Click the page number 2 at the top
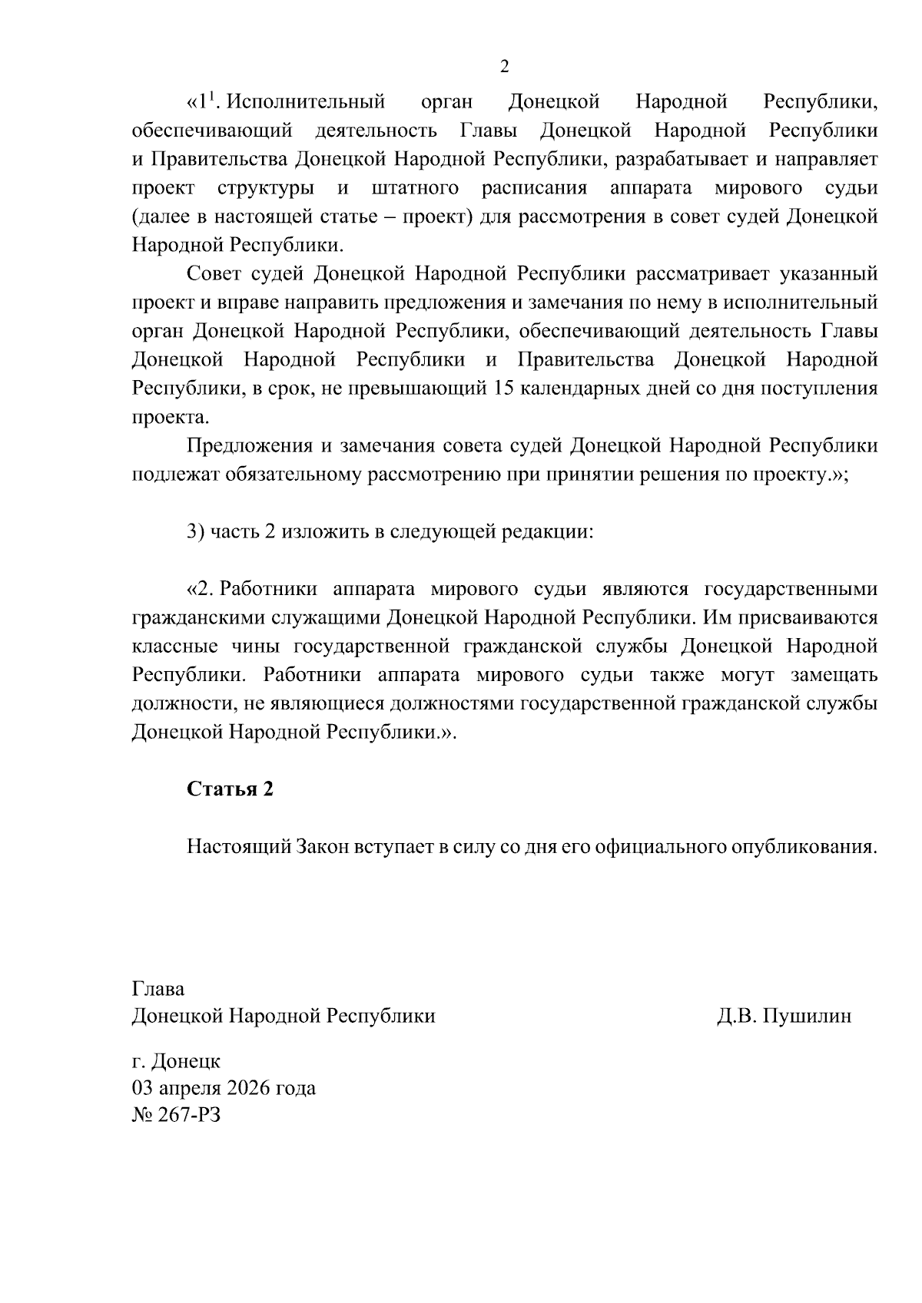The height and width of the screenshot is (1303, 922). click(x=504, y=67)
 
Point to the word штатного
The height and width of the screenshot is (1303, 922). click(x=415, y=188)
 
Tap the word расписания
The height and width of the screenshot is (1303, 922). click(x=535, y=188)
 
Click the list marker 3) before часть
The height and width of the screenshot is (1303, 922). click(x=195, y=532)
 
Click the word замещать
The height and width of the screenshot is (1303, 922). click(x=834, y=675)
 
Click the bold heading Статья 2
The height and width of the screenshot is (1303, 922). click(x=230, y=789)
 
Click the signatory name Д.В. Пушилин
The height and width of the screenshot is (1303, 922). click(x=784, y=1016)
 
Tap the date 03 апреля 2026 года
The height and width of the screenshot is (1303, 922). click(x=224, y=1088)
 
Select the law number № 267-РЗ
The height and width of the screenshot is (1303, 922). click(x=176, y=1115)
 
